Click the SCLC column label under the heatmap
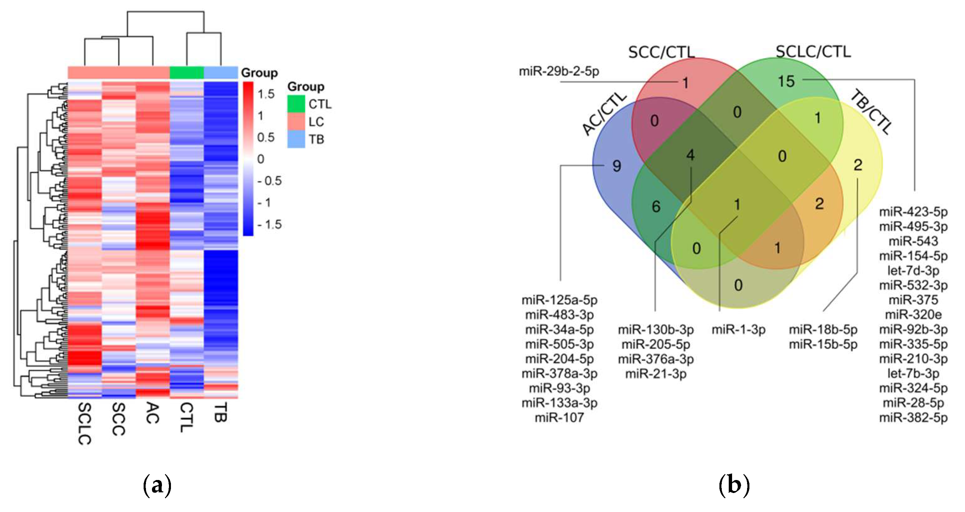tap(85, 424)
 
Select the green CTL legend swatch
tap(296, 104)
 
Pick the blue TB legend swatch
tap(296, 139)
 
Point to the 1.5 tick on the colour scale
tap(266, 94)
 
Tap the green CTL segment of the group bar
tap(187, 73)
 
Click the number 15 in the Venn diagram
tap(786, 81)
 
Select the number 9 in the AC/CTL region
tap(616, 166)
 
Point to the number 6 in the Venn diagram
tap(656, 207)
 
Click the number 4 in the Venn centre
tap(690, 155)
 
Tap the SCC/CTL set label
tap(661, 52)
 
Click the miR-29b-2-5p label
tap(559, 71)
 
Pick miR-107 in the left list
tap(559, 418)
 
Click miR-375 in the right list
tap(913, 300)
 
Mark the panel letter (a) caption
tap(157, 485)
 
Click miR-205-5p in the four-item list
tap(655, 344)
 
